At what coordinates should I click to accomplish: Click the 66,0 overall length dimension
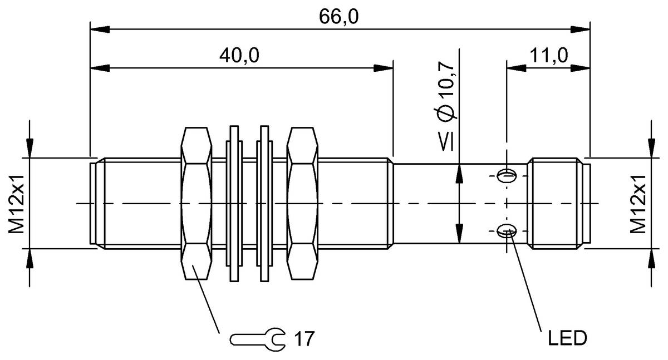tap(338, 17)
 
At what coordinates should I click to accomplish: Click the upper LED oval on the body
tap(507, 176)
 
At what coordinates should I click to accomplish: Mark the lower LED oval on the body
tap(507, 230)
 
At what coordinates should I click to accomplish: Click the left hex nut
tap(196, 203)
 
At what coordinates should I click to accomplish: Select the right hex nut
tap(302, 203)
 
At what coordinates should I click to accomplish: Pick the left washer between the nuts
tap(234, 203)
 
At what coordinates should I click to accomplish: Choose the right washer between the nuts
tap(264, 203)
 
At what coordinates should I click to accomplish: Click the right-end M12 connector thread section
tap(557, 203)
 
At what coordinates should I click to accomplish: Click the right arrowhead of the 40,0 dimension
tap(384, 68)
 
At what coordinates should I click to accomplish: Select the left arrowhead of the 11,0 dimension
tap(515, 68)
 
